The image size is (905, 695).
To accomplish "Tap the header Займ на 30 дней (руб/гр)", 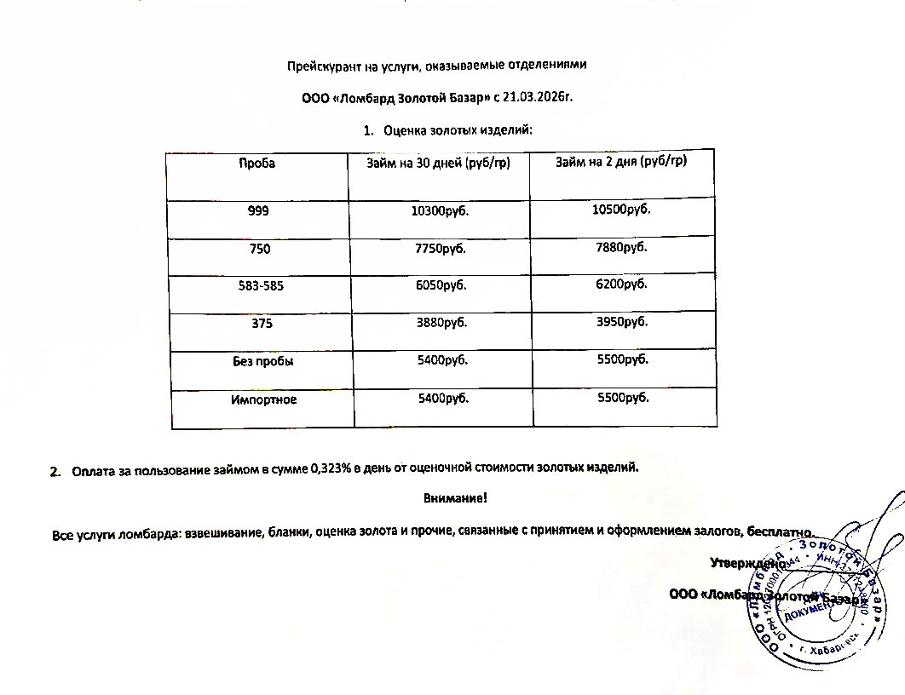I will [x=438, y=162].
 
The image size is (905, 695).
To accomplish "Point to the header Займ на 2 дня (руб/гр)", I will [x=621, y=161].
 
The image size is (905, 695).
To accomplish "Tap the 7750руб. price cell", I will [x=441, y=249].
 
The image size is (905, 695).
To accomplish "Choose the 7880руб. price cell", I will [x=621, y=247].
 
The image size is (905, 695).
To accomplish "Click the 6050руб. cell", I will [x=441, y=285].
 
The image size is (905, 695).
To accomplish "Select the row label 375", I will [x=260, y=324].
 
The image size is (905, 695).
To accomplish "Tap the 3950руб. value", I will [x=622, y=322].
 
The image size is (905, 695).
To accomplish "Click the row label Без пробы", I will [x=262, y=361].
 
